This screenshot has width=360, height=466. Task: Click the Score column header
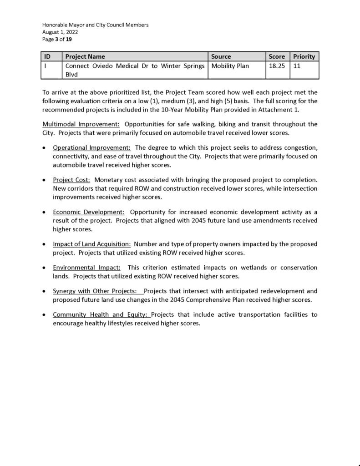277,56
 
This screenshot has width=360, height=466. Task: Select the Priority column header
304,56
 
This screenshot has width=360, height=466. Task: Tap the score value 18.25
277,66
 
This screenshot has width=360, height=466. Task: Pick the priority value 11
297,66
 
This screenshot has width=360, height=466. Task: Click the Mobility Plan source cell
230,66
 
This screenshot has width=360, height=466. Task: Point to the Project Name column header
85,56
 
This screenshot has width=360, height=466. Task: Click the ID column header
47,56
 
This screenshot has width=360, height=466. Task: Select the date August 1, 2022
60,32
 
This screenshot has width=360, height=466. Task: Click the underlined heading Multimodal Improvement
81,124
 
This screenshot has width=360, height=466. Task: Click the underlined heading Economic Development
89,212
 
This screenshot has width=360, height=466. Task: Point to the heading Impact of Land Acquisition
92,244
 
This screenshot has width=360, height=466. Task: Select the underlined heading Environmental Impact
86,268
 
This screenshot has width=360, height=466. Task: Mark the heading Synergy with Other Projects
95,291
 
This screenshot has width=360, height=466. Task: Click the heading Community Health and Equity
101,314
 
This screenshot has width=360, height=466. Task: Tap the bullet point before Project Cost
44,180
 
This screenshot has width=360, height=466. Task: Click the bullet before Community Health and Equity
44,315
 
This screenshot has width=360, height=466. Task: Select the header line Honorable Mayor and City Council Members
95,25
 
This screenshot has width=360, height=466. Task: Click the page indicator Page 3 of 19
57,40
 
